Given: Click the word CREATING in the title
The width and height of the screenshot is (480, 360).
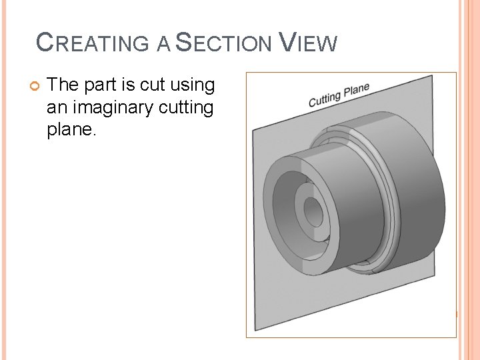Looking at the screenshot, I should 93,44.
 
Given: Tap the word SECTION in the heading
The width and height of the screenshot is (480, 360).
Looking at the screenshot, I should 224,44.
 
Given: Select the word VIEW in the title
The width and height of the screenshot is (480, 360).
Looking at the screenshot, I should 308,43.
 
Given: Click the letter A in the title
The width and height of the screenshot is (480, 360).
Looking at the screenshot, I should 163,45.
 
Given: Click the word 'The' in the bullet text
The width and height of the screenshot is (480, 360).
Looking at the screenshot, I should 64,85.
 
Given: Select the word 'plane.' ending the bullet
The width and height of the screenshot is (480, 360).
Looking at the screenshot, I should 72,130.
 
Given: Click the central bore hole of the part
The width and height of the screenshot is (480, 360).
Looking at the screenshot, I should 313,213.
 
